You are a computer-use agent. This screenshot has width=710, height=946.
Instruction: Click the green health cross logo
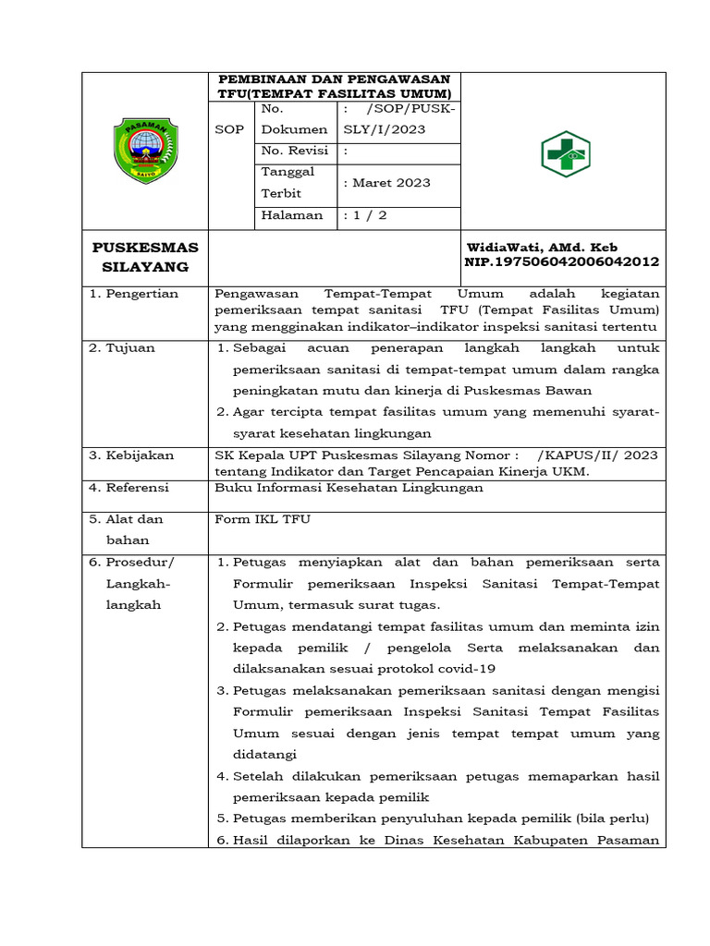point(565,152)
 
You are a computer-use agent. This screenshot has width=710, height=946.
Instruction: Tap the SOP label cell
point(229,129)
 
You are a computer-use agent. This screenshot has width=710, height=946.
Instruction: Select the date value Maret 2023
point(386,183)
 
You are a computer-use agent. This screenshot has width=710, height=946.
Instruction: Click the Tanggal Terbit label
point(288,183)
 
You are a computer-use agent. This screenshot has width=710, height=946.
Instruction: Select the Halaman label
point(292,215)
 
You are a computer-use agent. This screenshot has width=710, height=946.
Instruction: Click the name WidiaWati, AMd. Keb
point(542,248)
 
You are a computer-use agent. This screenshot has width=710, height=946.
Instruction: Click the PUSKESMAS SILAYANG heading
point(145,257)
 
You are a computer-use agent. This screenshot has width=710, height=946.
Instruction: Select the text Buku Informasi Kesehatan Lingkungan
point(349,488)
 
